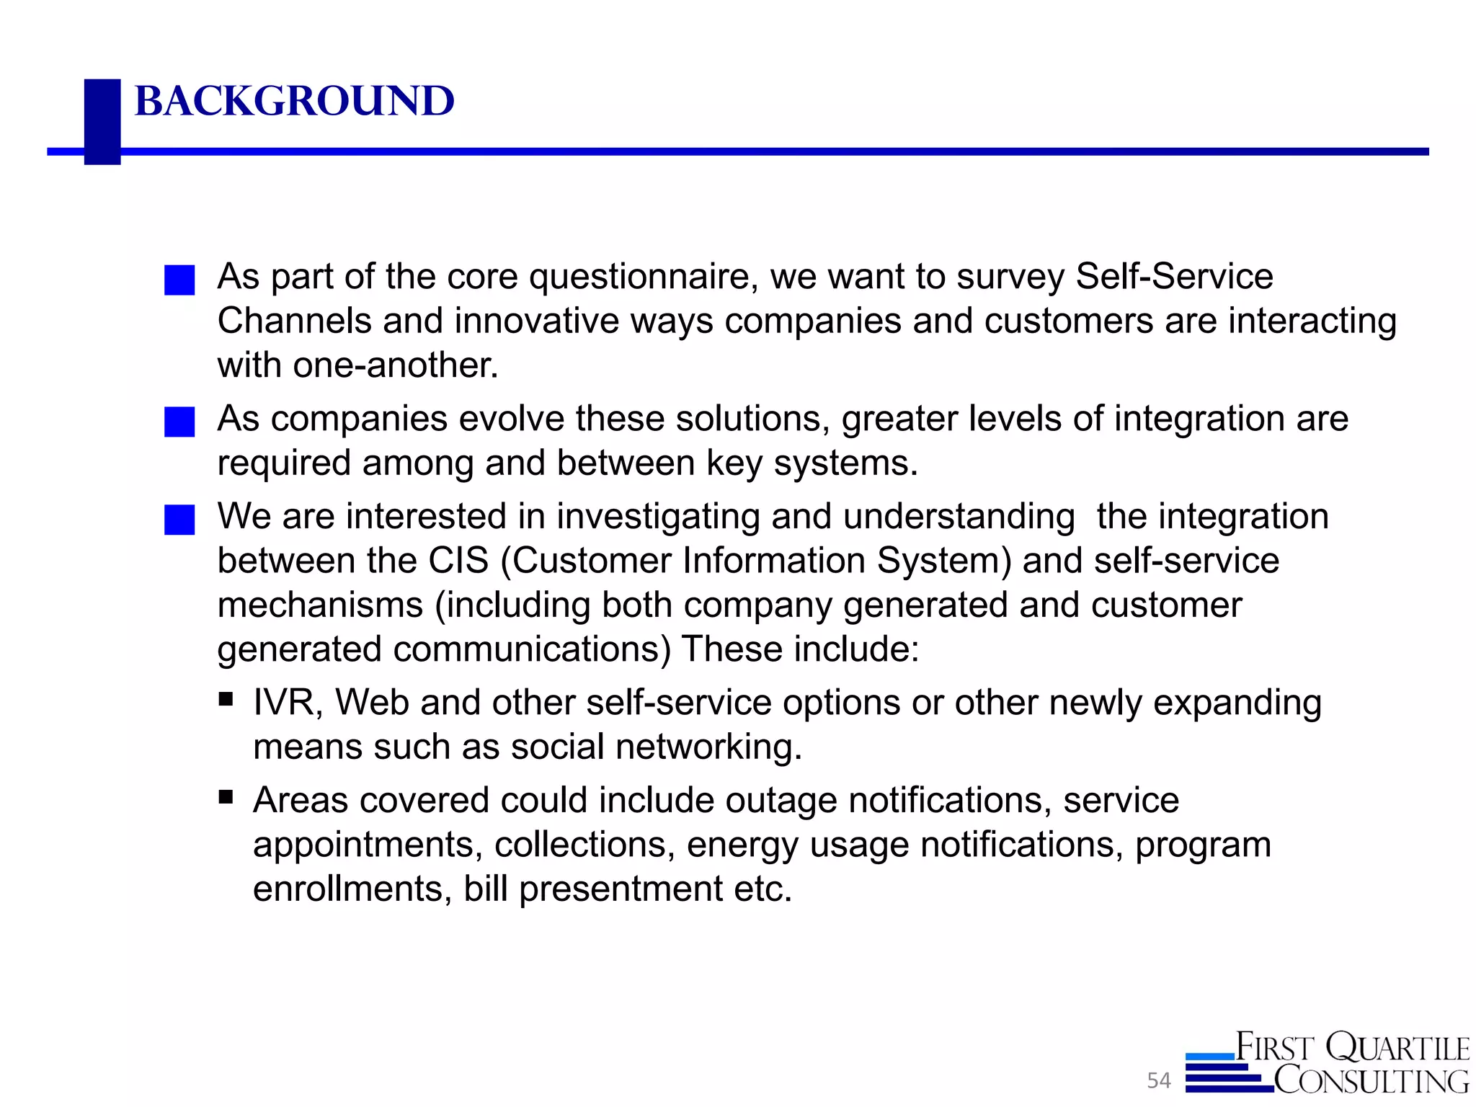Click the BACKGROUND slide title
tap(294, 101)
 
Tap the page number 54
tap(1159, 1080)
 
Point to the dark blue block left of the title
tap(102, 121)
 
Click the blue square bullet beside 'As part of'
tap(179, 280)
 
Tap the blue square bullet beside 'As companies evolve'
tap(179, 422)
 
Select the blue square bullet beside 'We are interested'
tap(179, 520)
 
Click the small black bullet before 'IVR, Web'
tap(226, 698)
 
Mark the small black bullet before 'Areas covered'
tap(226, 796)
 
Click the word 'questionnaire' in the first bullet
tap(643, 277)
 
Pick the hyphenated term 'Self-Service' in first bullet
tap(1174, 277)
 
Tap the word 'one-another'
tap(395, 365)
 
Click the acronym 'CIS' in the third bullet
tap(458, 561)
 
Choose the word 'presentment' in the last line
tap(621, 889)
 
